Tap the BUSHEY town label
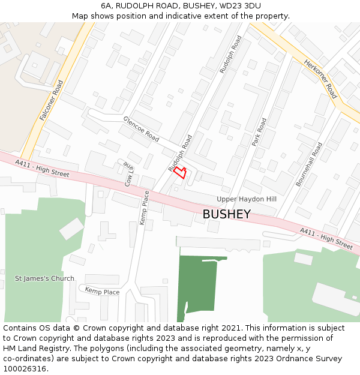point(226,214)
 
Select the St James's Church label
point(45,278)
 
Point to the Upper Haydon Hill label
point(246,199)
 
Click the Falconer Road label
point(51,100)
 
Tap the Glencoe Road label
point(141,129)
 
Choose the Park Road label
point(259,133)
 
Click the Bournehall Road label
point(309,164)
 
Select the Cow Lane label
point(128,174)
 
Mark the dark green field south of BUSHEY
point(198,285)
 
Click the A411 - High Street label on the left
point(42,168)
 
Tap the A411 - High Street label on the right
point(326,238)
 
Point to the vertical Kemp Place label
point(144,208)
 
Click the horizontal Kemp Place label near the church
point(102,292)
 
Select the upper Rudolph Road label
point(230,55)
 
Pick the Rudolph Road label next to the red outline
point(179,152)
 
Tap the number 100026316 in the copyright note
point(24,369)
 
